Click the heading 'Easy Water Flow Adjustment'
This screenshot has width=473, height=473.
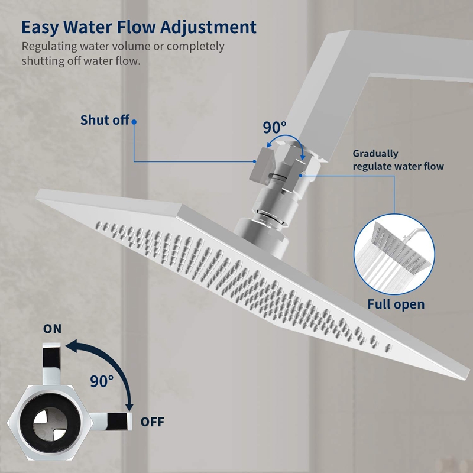tap(139, 28)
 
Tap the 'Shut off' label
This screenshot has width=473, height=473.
tap(105, 120)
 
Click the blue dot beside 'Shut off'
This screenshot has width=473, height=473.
tap(134, 122)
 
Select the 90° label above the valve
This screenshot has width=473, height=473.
tap(274, 127)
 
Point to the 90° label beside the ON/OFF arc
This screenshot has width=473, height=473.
tap(102, 381)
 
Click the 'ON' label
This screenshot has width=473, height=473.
tap(52, 329)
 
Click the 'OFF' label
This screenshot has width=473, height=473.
tap(153, 422)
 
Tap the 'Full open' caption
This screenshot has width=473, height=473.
tap(396, 304)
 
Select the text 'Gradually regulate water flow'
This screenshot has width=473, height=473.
tap(398, 160)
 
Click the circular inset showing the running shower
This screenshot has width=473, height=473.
tap(394, 254)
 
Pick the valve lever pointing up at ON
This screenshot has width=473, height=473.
tap(51, 364)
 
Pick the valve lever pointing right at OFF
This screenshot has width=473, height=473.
tap(112, 422)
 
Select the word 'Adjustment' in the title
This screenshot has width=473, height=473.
tap(209, 28)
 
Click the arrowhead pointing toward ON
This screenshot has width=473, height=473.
tap(72, 345)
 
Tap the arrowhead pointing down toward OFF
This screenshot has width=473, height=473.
tap(129, 406)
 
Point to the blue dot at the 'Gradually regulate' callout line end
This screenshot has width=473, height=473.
tap(300, 175)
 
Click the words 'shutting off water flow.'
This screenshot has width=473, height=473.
tap(81, 61)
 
